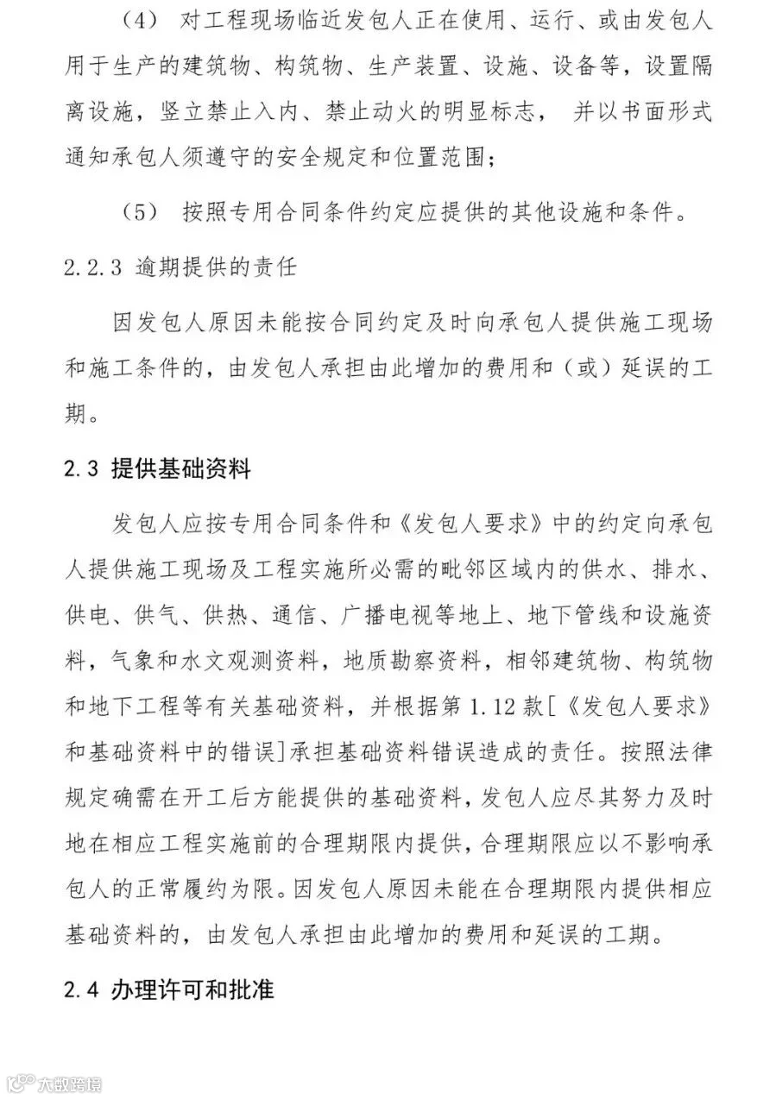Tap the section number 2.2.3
[x=93, y=267]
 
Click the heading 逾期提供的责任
[x=217, y=267]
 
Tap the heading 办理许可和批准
[x=192, y=989]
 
